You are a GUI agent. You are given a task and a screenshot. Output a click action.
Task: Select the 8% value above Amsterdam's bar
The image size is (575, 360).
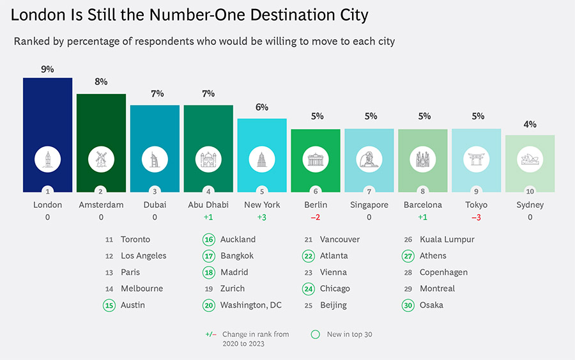[x=101, y=81]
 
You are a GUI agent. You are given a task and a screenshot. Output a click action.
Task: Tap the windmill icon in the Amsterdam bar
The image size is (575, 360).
[x=101, y=159]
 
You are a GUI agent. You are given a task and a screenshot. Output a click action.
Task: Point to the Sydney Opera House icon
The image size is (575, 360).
[x=530, y=159]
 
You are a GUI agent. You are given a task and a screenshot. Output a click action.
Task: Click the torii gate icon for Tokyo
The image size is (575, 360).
[x=477, y=159]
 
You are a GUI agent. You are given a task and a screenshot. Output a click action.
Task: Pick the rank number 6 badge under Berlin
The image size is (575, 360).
[x=316, y=191]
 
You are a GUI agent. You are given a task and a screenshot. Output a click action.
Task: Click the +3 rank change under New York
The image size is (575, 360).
[x=262, y=217]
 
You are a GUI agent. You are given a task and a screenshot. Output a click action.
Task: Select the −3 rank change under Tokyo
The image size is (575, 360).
[x=476, y=217]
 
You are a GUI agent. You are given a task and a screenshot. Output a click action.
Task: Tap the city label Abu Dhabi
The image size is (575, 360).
[x=208, y=205]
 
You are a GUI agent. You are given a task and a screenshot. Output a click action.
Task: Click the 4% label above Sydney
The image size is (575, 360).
[x=530, y=125]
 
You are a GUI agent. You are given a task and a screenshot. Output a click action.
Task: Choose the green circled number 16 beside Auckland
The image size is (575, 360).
[x=209, y=240]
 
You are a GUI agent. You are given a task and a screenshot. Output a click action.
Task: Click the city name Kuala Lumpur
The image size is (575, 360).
[x=447, y=240]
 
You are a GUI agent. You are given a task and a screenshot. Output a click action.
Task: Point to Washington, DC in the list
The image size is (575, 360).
[x=251, y=305]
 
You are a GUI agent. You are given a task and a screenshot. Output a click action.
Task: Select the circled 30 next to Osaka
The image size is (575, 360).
[x=408, y=305]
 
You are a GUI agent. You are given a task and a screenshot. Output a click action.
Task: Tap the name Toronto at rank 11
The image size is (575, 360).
[x=135, y=240]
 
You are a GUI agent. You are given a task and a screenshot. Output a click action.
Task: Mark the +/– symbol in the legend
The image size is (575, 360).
[x=211, y=334]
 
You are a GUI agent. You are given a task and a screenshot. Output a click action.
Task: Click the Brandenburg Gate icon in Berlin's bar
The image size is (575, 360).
[x=316, y=159]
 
